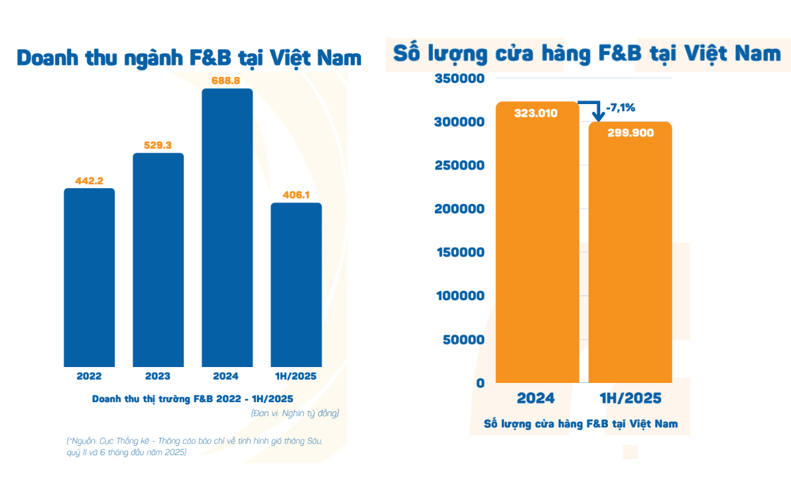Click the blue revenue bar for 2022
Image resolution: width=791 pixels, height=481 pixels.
click(x=89, y=278)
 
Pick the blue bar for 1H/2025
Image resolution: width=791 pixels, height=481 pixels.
click(x=296, y=285)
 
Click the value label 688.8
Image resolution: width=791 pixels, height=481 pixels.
click(x=227, y=80)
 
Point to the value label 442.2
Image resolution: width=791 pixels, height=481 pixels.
click(x=89, y=180)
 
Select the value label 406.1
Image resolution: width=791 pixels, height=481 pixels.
click(x=296, y=195)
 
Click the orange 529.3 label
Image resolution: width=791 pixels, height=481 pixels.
click(x=158, y=145)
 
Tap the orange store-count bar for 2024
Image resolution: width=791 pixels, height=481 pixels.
click(x=536, y=252)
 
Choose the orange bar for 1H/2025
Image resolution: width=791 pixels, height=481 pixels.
click(x=631, y=258)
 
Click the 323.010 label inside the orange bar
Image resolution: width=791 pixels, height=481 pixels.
click(x=536, y=113)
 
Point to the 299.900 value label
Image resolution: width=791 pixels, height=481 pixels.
click(x=631, y=133)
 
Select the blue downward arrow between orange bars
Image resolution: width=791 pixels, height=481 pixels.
click(x=594, y=109)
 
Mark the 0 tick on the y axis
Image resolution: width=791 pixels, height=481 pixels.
click(x=481, y=382)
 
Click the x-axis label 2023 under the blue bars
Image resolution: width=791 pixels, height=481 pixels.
click(x=158, y=376)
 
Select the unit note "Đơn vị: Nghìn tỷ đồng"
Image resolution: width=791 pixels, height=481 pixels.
click(x=295, y=413)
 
